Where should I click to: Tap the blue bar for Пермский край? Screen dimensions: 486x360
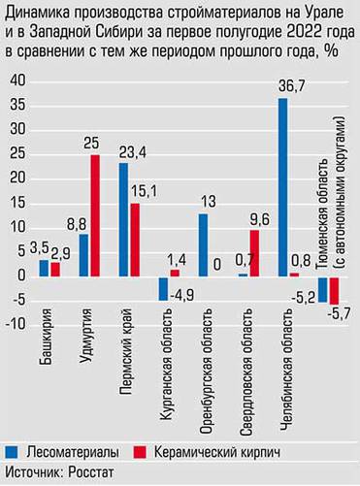pos(123,219)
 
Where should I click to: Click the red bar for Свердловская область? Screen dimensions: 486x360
pos(253,252)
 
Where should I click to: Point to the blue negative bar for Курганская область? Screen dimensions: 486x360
pos(163,288)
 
